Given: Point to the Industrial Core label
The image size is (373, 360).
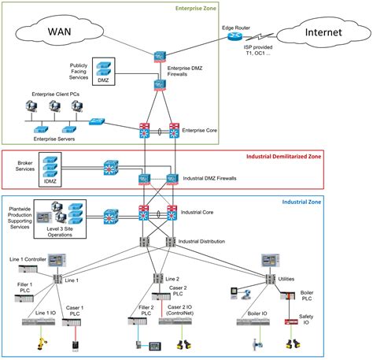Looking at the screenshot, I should coord(198,213).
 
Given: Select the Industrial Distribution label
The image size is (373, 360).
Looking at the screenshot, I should coord(206,240).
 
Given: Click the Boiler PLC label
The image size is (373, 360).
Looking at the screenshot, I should coord(307,296).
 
